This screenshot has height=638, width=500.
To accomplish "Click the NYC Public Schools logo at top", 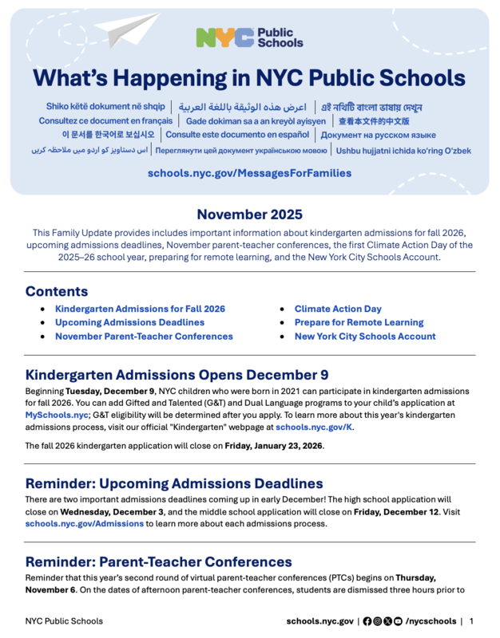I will click(x=249, y=37).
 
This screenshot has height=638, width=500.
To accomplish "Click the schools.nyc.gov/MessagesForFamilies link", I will click(x=249, y=172).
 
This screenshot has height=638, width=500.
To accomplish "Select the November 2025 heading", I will click(x=249, y=214).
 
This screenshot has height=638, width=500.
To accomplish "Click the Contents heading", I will click(x=57, y=291).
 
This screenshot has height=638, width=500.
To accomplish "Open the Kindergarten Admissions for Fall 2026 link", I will click(x=140, y=309).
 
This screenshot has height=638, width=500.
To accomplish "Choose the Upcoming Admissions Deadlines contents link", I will click(x=129, y=322).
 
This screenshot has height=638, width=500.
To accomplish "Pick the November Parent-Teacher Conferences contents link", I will click(x=144, y=336).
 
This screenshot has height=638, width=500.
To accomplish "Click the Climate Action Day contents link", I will click(x=338, y=309).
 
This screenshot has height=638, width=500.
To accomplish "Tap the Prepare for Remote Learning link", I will click(x=359, y=322).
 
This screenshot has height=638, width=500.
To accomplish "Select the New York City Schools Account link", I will click(x=365, y=336).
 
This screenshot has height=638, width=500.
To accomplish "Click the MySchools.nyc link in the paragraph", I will click(x=57, y=415).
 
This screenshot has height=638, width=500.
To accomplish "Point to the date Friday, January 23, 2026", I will click(x=274, y=446).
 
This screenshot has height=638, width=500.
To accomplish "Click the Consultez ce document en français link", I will click(x=105, y=121).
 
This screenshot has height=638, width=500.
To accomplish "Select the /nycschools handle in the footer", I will click(x=431, y=621).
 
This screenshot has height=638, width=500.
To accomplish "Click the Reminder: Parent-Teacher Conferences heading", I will click(x=158, y=561).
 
